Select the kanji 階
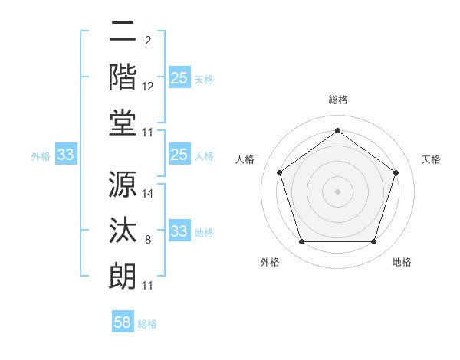pos(123,78)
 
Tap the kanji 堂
pos(123,125)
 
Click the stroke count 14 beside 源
pos(148,194)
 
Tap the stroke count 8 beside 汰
pos(147,240)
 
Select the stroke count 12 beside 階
pos(148,86)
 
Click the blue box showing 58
pos(123,322)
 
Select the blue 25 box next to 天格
pos(179,78)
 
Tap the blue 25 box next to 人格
pos(179,155)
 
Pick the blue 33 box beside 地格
pos(179,231)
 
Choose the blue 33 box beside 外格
pos(66,155)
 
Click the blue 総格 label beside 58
pos(147,324)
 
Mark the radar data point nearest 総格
pos(337,130)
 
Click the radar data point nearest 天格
pos(396,172)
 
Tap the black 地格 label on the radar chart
pos(402,263)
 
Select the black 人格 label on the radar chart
pos(246,159)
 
